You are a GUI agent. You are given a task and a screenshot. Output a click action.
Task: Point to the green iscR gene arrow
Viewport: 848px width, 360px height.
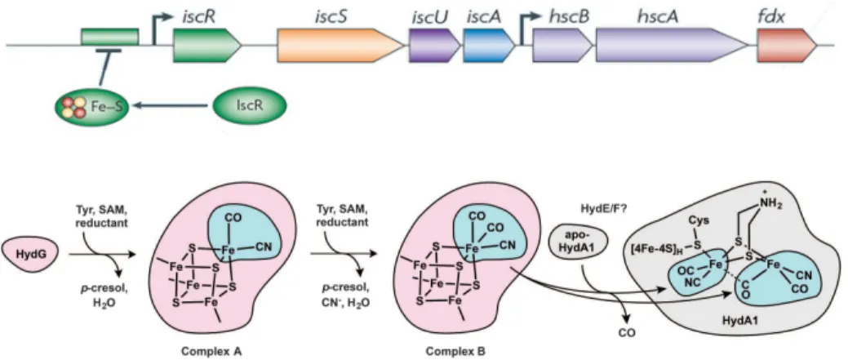click(x=207, y=45)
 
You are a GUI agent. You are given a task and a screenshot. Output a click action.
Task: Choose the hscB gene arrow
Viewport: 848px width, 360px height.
click(x=563, y=45)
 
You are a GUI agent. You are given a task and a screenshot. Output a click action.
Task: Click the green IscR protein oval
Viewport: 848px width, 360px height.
click(x=249, y=105)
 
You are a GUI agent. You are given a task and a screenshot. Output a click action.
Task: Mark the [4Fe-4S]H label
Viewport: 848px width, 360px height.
click(x=662, y=246)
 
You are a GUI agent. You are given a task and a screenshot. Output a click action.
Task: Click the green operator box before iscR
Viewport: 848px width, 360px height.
click(x=110, y=37)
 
